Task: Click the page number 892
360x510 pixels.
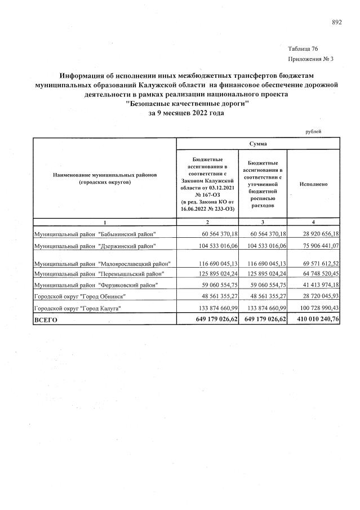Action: [337, 23]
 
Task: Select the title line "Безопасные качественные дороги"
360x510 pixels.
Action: [186, 104]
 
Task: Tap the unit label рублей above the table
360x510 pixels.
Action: [313, 131]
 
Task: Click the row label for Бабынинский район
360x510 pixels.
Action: [95, 234]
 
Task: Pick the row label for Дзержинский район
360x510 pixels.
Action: [95, 246]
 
